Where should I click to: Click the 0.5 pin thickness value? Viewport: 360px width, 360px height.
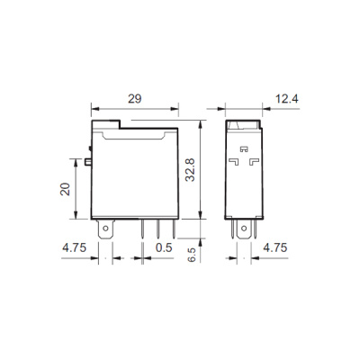164,247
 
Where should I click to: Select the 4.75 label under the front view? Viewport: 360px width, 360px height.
74,247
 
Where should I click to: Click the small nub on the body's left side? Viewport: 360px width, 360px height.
90,163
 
